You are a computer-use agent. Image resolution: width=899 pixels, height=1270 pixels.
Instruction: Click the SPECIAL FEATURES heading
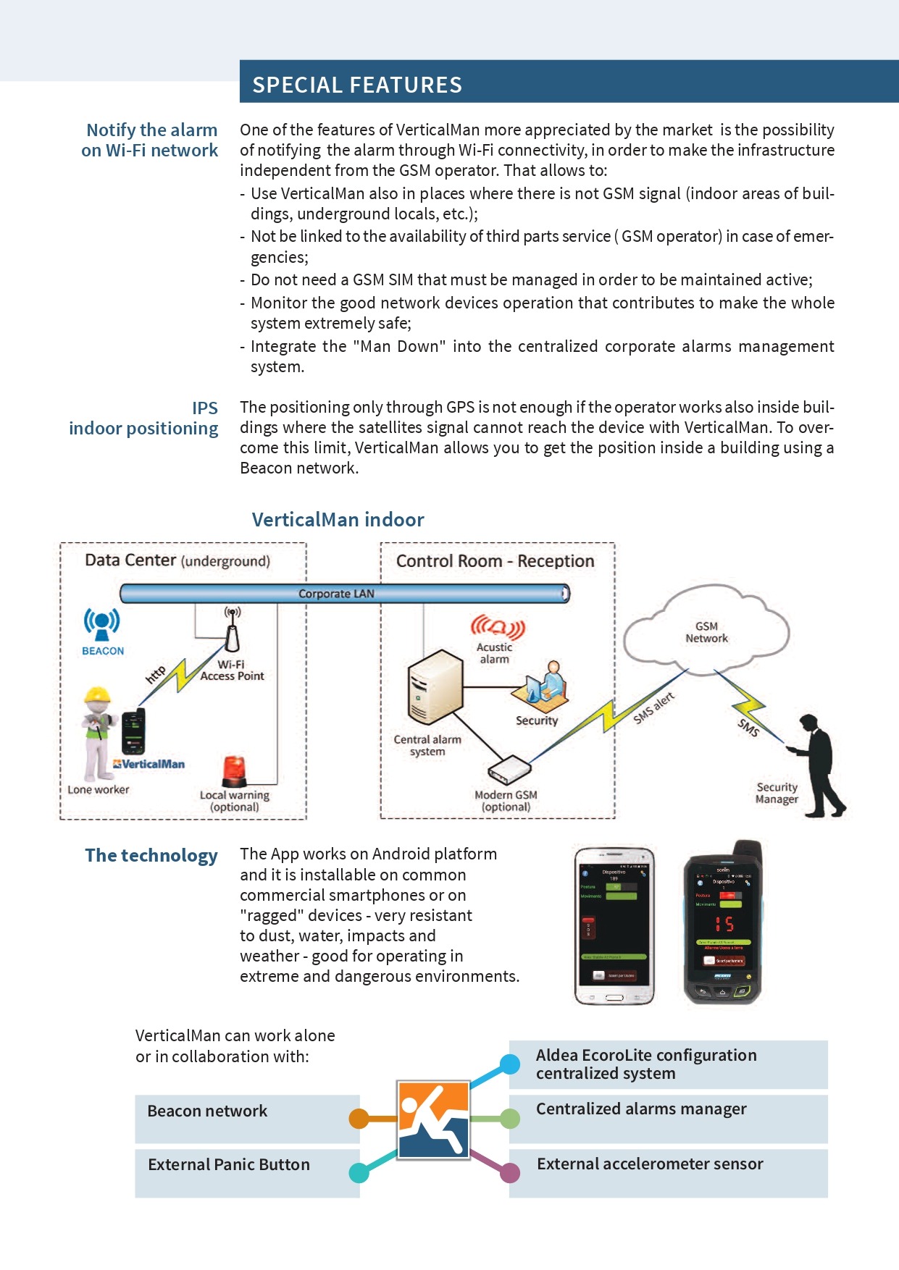coord(356,85)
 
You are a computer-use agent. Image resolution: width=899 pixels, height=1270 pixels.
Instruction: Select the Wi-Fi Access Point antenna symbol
coord(232,630)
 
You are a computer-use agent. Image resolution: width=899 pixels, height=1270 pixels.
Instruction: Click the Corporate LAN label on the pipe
coord(336,594)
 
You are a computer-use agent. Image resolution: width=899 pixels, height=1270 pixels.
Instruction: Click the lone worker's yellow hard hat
coord(97,696)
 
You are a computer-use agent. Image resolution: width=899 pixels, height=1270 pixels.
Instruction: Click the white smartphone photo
coord(614,925)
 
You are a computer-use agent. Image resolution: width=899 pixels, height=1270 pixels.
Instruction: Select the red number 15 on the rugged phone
coord(724,924)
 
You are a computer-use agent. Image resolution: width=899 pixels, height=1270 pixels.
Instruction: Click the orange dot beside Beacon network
coord(359,1119)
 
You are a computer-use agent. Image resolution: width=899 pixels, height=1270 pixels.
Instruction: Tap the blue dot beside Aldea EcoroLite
coord(510,1064)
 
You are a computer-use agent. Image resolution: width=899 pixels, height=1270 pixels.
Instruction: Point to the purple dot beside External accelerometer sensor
coord(510,1172)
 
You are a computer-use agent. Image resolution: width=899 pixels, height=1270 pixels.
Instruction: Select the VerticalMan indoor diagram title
coord(338,520)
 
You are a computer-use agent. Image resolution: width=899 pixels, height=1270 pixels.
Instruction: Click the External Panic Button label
coord(229,1164)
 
